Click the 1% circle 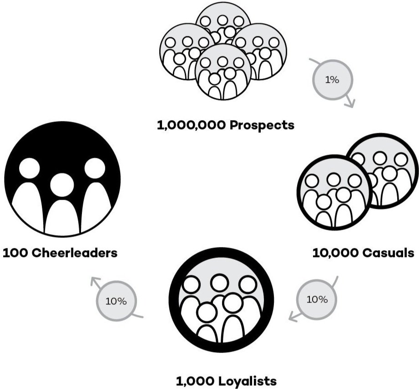coord(332,80)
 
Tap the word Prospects coord(262,125)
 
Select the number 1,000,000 coord(191,125)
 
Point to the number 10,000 coord(333,253)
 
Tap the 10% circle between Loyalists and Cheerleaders coord(116,301)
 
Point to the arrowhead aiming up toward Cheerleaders coord(95,281)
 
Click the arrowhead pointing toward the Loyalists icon coord(293,317)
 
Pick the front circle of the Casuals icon coord(333,191)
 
